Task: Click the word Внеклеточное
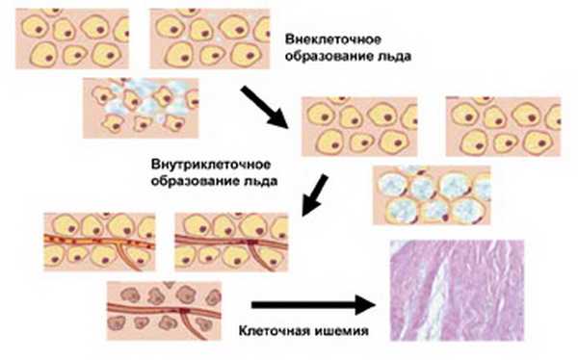click(x=331, y=40)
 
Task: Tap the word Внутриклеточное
click(x=208, y=164)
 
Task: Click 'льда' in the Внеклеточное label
click(x=393, y=57)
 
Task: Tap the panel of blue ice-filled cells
click(x=430, y=195)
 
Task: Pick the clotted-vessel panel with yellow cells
click(x=223, y=240)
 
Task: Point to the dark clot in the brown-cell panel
click(x=180, y=316)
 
